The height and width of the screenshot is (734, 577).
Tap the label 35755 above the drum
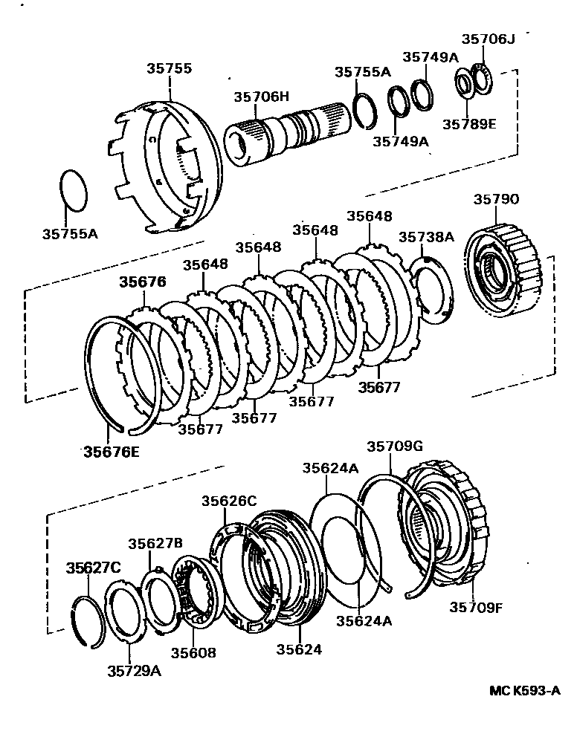pyautogui.click(x=170, y=69)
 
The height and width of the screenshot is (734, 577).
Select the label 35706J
pyautogui.click(x=488, y=39)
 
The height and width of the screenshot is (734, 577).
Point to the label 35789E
pyautogui.click(x=468, y=123)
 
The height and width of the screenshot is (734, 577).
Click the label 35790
pyautogui.click(x=495, y=199)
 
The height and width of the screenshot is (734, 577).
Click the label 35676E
pyautogui.click(x=110, y=450)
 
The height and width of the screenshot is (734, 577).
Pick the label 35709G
pyautogui.click(x=394, y=446)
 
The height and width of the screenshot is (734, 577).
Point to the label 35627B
pyautogui.click(x=155, y=543)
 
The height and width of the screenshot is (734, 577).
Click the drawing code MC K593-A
pyautogui.click(x=524, y=691)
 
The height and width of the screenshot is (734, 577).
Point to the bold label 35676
pyautogui.click(x=143, y=282)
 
